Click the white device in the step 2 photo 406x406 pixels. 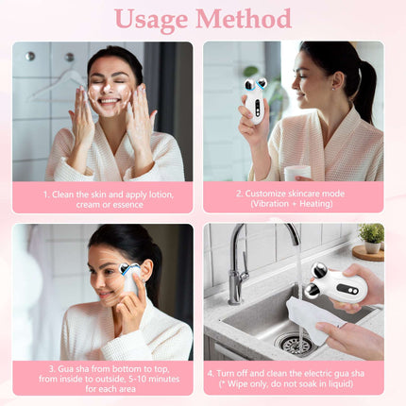[x=254, y=99]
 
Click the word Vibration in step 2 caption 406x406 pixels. [x=273, y=204]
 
